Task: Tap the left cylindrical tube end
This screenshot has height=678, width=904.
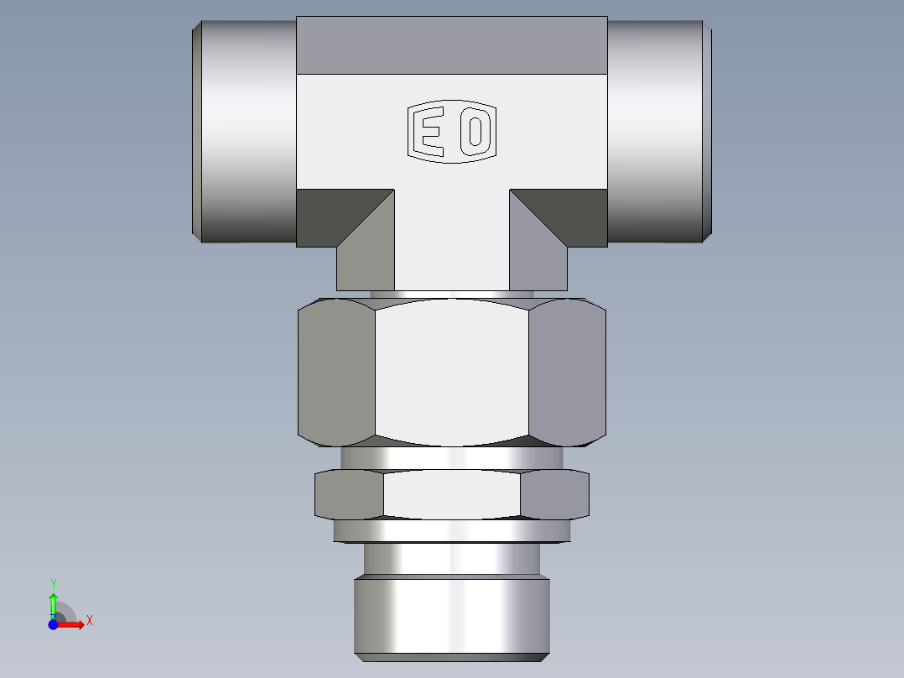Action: click(x=245, y=132)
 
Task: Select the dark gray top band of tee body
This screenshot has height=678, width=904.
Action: click(x=451, y=44)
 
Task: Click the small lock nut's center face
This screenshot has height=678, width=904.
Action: click(x=451, y=494)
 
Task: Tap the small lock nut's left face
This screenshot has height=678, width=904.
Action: click(x=348, y=494)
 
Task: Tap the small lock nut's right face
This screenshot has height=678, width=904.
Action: click(x=554, y=494)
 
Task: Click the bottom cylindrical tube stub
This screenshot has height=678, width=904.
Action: click(x=451, y=613)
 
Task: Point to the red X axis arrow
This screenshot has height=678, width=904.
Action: click(x=71, y=624)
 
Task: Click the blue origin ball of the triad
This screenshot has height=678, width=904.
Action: click(x=53, y=624)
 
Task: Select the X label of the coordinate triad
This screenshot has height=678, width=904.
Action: click(x=89, y=621)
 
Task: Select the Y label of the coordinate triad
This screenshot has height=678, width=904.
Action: click(x=53, y=583)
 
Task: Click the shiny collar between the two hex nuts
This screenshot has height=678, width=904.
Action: click(x=451, y=457)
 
